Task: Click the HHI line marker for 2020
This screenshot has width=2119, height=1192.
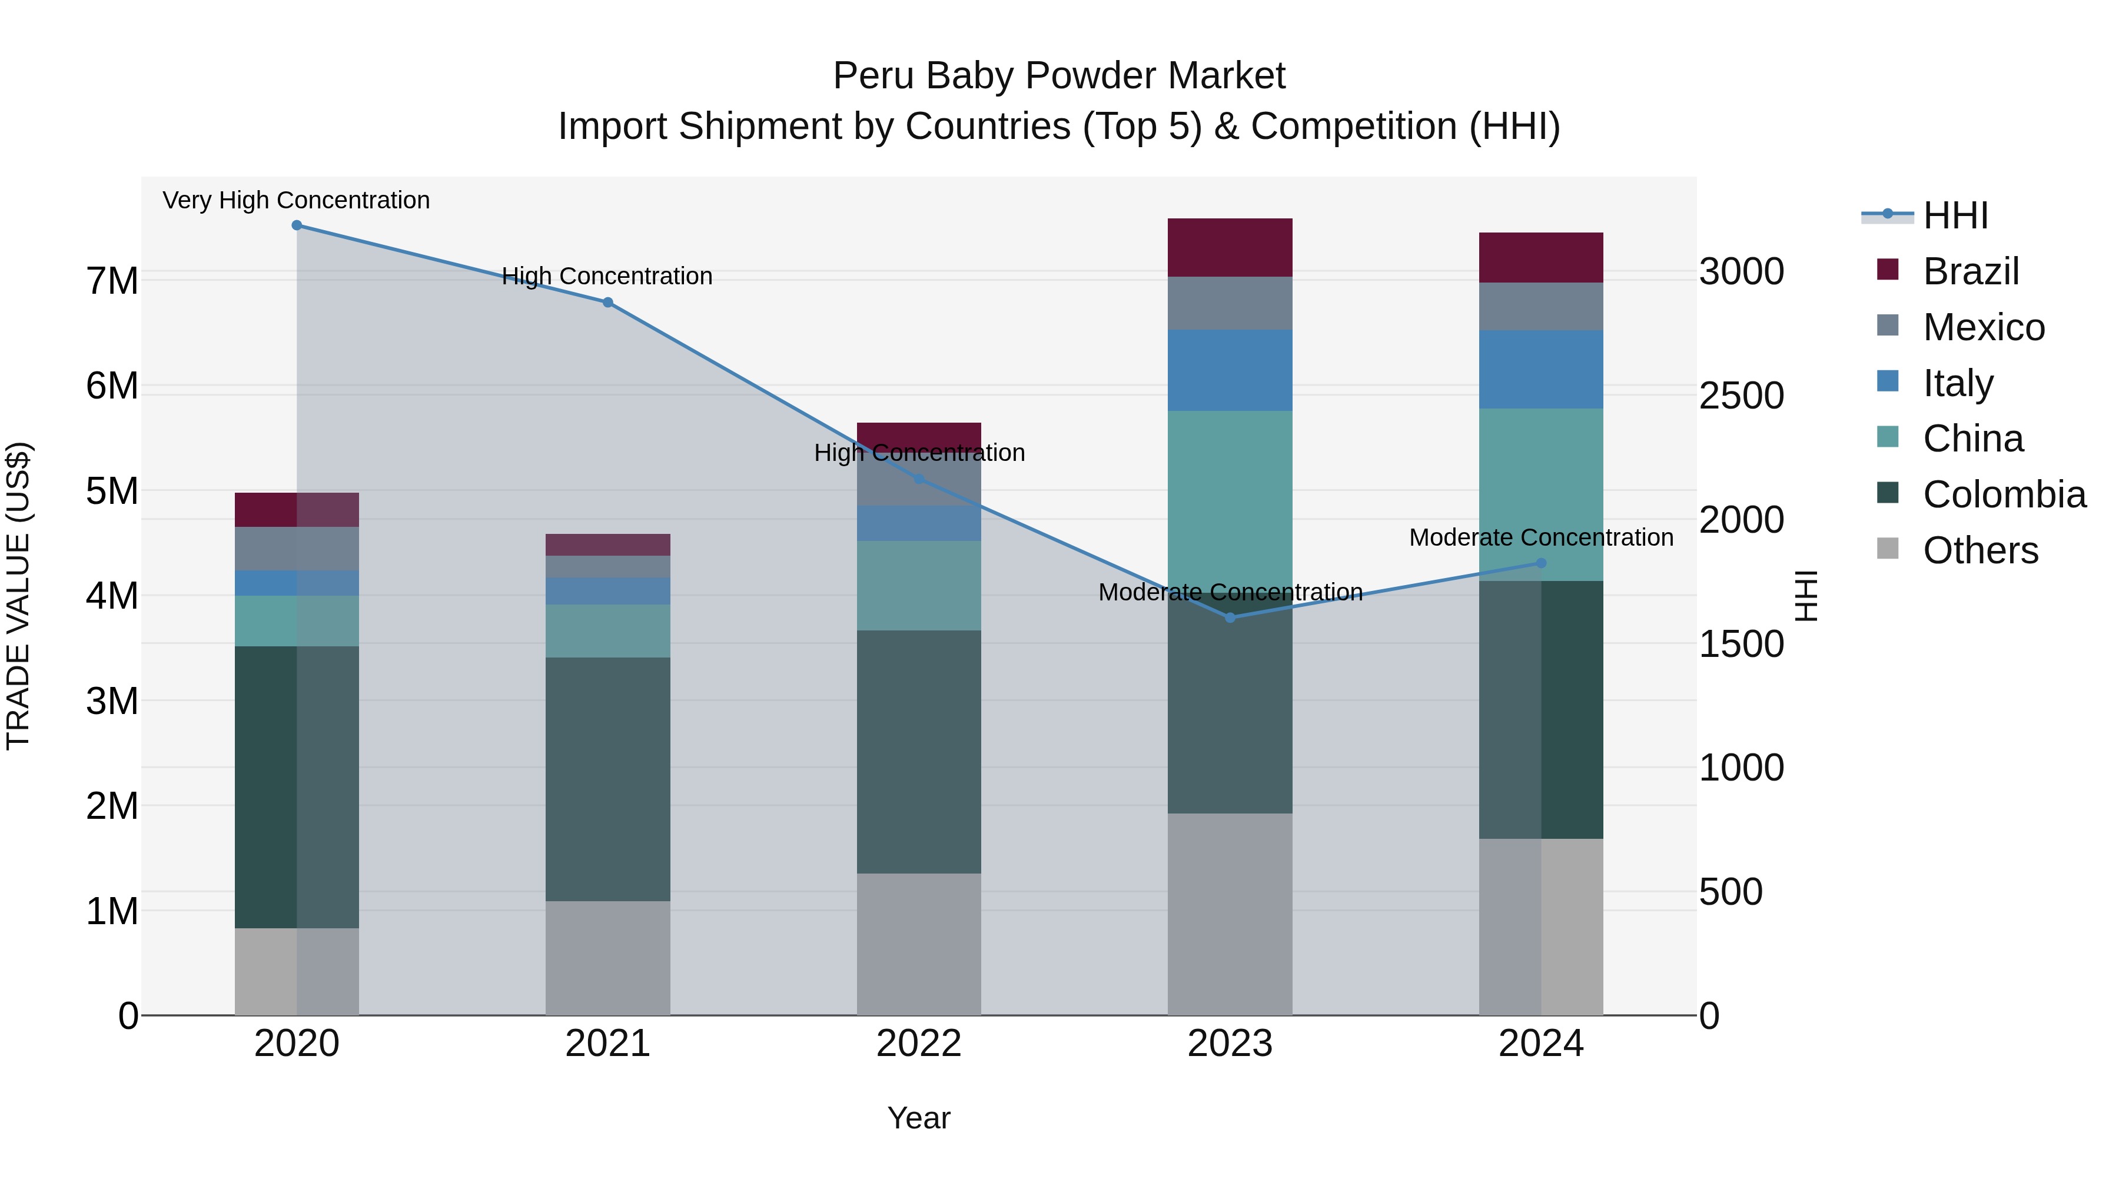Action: [x=297, y=225]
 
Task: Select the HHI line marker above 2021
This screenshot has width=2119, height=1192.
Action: [x=608, y=303]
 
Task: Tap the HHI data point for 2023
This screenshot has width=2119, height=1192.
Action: [x=1231, y=618]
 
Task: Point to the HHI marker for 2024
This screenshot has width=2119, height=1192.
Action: [x=1542, y=563]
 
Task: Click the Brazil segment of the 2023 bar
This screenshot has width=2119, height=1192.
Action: [x=1231, y=248]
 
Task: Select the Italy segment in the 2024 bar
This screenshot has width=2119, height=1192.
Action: [x=1542, y=369]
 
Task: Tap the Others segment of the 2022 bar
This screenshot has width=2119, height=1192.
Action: [x=919, y=944]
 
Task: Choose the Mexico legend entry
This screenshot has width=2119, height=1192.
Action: [x=1983, y=327]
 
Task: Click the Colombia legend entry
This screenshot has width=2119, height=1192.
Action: [x=2004, y=494]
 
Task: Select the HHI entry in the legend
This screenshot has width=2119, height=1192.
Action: [x=1955, y=215]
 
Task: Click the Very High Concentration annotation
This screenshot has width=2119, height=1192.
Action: [x=296, y=200]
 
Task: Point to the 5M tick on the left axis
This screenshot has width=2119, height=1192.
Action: [x=112, y=491]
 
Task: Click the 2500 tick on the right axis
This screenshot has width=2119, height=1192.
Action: [x=1742, y=396]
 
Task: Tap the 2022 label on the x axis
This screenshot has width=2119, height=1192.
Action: [x=919, y=1044]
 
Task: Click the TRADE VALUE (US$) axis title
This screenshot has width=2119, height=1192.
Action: [x=18, y=596]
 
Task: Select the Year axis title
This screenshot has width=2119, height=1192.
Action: [x=919, y=1118]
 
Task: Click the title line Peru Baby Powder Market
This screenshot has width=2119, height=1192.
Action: [x=1059, y=76]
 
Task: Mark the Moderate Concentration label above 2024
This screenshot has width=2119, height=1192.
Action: [x=1542, y=537]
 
